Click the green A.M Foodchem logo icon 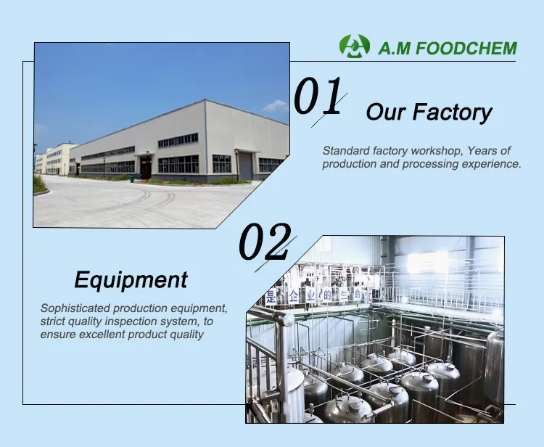pyautogui.click(x=354, y=46)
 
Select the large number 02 pyautogui.click(x=265, y=242)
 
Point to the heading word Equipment pyautogui.click(x=131, y=280)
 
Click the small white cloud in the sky pyautogui.click(x=276, y=106)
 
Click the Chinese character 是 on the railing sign pyautogui.click(x=271, y=296)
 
